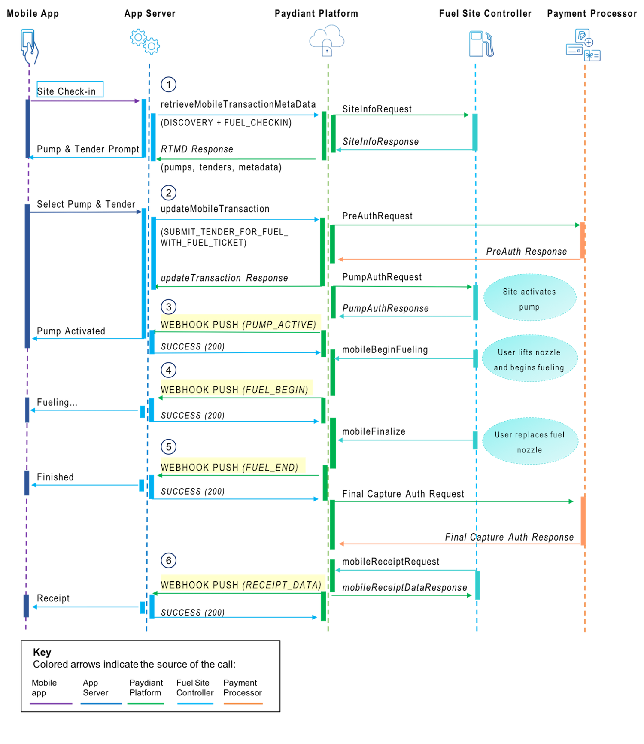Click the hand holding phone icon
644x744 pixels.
(x=29, y=46)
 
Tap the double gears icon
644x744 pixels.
(x=145, y=42)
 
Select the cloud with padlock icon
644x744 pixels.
(x=327, y=41)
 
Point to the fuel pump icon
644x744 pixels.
(x=481, y=44)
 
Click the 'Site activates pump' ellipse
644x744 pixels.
(x=529, y=298)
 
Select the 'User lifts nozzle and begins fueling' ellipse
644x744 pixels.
(x=529, y=359)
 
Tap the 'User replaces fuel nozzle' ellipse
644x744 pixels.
(x=530, y=441)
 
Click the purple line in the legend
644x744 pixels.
(x=51, y=703)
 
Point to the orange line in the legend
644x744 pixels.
(x=243, y=703)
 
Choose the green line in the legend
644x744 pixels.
(x=146, y=703)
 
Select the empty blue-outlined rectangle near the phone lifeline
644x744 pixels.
(x=70, y=89)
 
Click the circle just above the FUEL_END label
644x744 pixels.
(x=168, y=447)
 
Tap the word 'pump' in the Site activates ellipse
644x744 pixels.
(x=529, y=307)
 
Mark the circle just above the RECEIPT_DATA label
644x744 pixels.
(x=168, y=560)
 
